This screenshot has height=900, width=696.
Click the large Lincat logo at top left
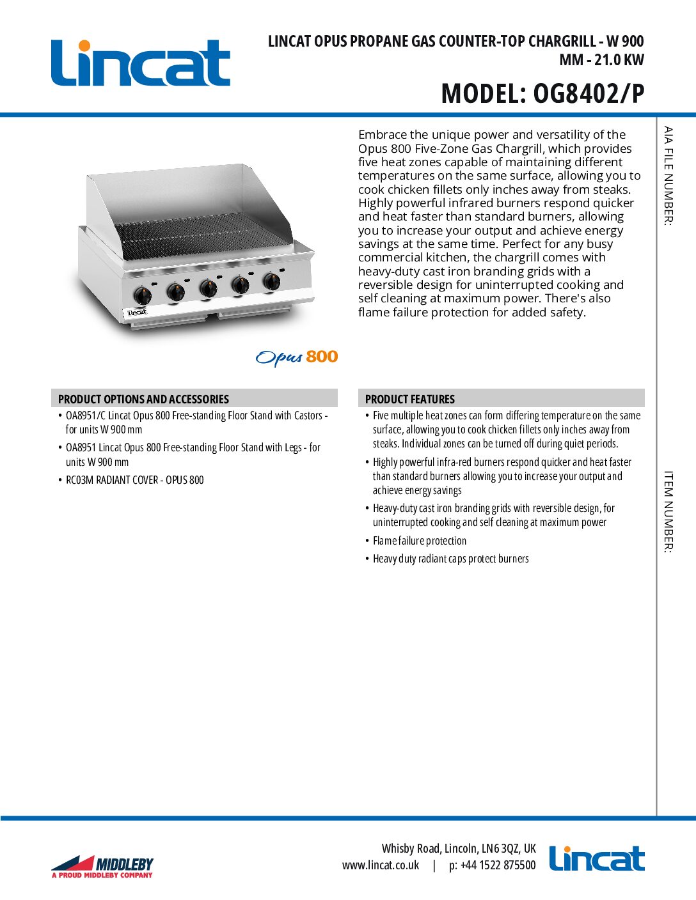coord(140,63)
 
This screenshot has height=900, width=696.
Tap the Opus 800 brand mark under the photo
coord(297,357)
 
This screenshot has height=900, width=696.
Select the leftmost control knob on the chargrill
coord(142,295)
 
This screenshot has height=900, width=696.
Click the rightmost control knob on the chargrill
coord(271,281)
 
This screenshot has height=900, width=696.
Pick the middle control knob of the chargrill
coord(208,288)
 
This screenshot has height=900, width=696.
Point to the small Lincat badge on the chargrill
coord(137,313)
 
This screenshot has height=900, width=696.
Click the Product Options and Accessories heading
coord(143,399)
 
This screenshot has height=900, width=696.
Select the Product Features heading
coord(410,399)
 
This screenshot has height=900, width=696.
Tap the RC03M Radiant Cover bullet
coord(135,480)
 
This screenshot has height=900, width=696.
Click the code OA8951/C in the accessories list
coord(85,415)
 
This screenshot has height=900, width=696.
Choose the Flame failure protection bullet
coord(420,541)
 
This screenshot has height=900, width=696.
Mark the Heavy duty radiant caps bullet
coord(451,559)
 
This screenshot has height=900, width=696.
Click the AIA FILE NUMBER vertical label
coord(668,176)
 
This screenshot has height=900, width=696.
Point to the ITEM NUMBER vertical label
coord(668,511)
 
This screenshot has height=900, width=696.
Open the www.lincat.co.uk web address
coord(381,865)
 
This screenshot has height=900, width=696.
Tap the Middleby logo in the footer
coord(102,867)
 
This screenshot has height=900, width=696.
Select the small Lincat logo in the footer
coord(596,858)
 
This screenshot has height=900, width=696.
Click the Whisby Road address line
coord(459,848)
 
